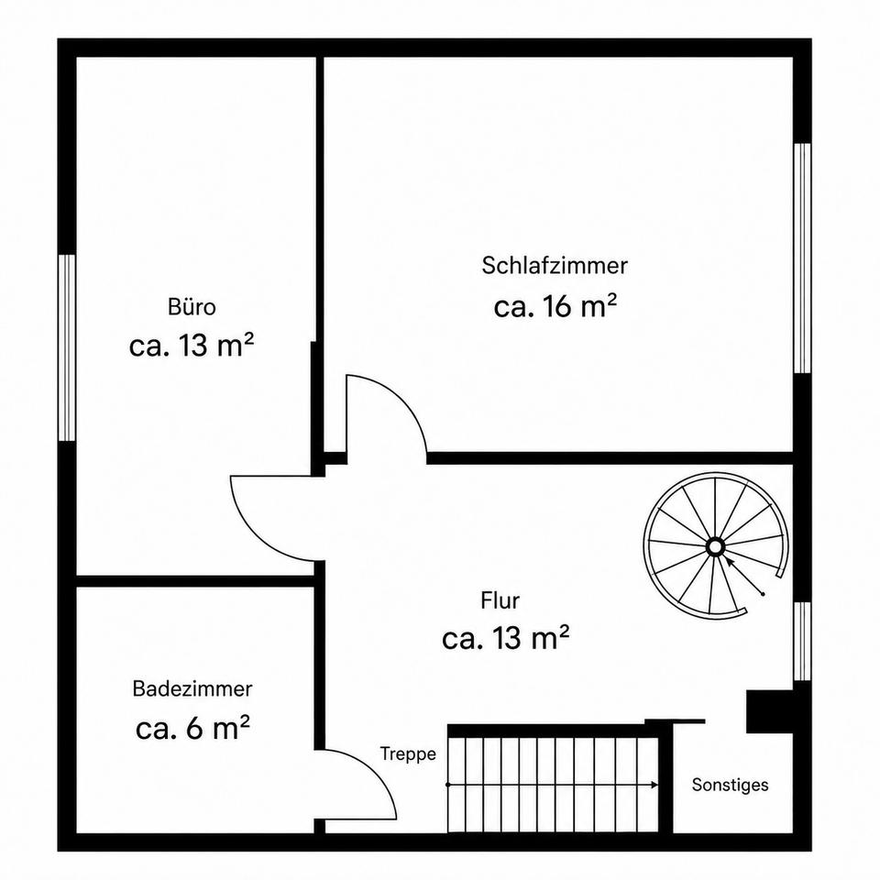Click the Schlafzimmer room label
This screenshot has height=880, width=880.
[555, 266]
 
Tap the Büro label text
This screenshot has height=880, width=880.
[192, 307]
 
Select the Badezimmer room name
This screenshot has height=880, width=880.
[192, 688]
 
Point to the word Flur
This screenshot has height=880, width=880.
[500, 600]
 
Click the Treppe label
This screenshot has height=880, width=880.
[408, 754]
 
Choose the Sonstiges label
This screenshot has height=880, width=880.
[731, 785]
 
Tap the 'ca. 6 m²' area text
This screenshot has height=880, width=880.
[192, 728]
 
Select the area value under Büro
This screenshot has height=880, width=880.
[192, 346]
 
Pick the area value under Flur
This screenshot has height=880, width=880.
[506, 638]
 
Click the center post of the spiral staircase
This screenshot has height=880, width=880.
[715, 546]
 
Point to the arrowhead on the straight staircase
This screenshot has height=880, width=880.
[654, 785]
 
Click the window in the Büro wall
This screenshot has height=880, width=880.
[67, 348]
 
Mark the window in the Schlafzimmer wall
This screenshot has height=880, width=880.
[803, 258]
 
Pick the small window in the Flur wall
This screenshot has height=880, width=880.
[803, 642]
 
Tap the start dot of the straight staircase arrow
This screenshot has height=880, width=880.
[448, 785]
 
